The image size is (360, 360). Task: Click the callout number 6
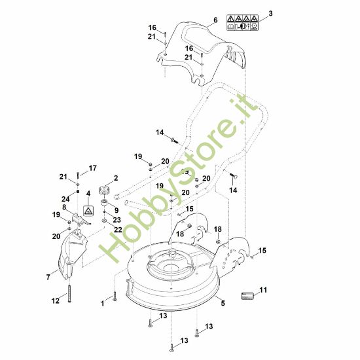214,21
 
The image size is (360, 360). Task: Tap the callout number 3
271,13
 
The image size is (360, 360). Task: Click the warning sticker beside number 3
242,23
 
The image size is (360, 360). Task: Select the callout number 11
264,289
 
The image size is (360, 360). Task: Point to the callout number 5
223,303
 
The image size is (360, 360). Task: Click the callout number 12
56,300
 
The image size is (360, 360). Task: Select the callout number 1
102,304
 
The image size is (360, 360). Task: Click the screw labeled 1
114,297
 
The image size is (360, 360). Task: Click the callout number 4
88,193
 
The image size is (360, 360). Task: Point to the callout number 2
116,178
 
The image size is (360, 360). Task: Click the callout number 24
65,199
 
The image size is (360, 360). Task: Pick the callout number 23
118,219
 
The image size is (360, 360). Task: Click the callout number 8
65,207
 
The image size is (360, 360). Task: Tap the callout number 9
117,210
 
